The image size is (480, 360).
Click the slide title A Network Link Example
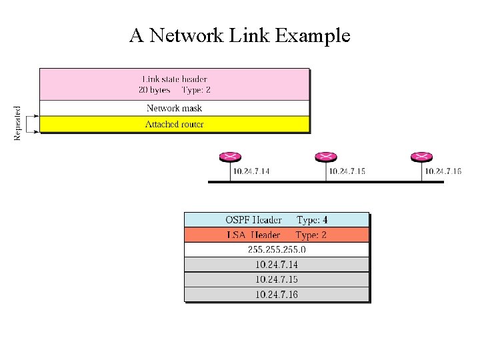click(x=240, y=35)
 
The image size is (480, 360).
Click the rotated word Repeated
click(x=17, y=123)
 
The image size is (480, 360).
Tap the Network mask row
click(x=174, y=108)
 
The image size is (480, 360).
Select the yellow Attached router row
click(x=174, y=124)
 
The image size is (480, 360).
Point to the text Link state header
click(x=175, y=79)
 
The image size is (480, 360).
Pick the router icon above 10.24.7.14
click(x=229, y=157)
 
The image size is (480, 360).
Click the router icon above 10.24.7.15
click(x=325, y=157)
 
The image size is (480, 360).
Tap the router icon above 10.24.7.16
click(x=421, y=157)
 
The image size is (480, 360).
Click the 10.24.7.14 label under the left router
click(x=251, y=171)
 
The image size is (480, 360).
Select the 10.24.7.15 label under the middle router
click(x=347, y=171)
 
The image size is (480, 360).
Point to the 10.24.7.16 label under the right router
click(x=443, y=171)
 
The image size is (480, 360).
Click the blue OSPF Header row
click(x=276, y=219)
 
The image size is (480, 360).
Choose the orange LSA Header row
click(x=276, y=235)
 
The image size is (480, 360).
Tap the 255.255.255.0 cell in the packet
click(x=276, y=249)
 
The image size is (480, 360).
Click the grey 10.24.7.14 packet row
click(x=276, y=264)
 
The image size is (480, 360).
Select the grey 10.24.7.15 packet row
click(x=276, y=279)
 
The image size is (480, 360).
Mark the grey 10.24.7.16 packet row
click(x=276, y=294)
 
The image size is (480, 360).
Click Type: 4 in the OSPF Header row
click(x=312, y=219)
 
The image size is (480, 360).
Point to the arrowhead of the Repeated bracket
click(x=37, y=116)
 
